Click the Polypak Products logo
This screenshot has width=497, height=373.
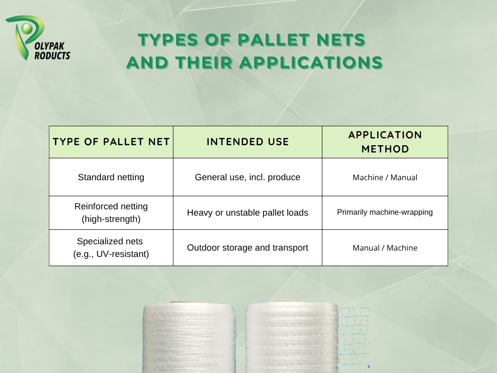tap(37, 38)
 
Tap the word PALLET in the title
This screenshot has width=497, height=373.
tap(274, 40)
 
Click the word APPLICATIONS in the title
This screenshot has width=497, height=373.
tap(311, 62)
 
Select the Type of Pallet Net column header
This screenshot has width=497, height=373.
tap(111, 142)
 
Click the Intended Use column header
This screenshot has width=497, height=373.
tap(248, 142)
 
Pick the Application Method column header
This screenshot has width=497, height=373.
tap(385, 142)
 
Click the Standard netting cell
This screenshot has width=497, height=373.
tap(111, 177)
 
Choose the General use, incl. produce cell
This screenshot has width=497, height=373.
tap(248, 177)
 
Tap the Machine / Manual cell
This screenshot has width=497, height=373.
tap(385, 177)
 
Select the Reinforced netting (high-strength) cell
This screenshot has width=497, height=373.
tap(111, 213)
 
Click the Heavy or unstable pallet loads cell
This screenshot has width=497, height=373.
tap(248, 213)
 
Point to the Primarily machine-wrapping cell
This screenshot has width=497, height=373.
tap(385, 213)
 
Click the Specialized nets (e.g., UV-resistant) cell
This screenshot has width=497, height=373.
tap(111, 247)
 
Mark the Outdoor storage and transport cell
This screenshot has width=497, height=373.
tap(248, 247)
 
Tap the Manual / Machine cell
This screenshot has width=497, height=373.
tap(385, 247)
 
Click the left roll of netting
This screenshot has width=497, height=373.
tap(189, 337)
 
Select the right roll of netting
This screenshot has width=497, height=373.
tap(292, 337)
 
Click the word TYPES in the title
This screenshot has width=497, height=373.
tap(168, 40)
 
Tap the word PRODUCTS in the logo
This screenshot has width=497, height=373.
tap(52, 55)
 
